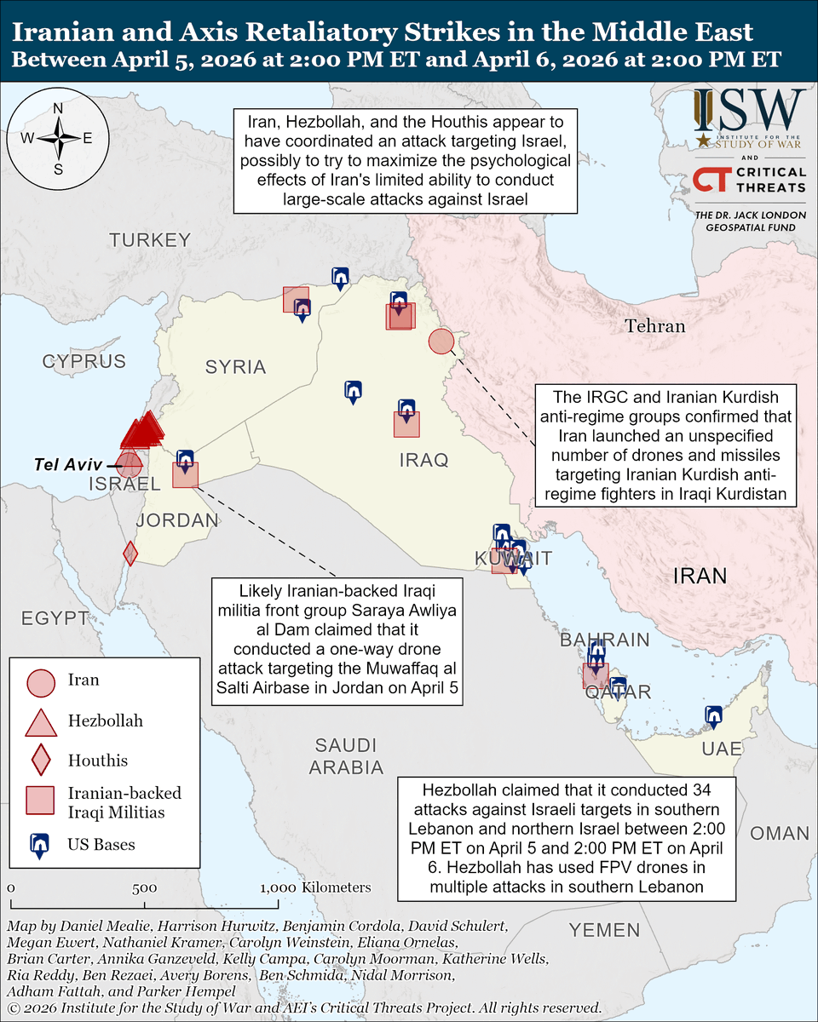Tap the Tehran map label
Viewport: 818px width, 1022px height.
coord(654,326)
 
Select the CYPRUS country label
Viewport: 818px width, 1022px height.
coord(84,361)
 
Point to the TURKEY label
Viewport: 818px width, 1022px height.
coord(150,240)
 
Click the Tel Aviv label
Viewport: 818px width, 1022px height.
coord(68,465)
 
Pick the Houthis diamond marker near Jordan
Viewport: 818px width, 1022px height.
coord(130,554)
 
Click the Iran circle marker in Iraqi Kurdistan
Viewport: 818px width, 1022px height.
coord(441,342)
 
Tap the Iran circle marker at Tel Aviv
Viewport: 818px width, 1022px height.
coord(130,465)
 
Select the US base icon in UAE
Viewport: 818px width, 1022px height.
coord(714,717)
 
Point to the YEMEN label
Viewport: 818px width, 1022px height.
coord(604,929)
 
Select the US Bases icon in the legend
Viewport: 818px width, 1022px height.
coord(40,844)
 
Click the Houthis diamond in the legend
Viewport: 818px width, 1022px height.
coord(41,760)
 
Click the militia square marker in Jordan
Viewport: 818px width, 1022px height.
coord(185,474)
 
